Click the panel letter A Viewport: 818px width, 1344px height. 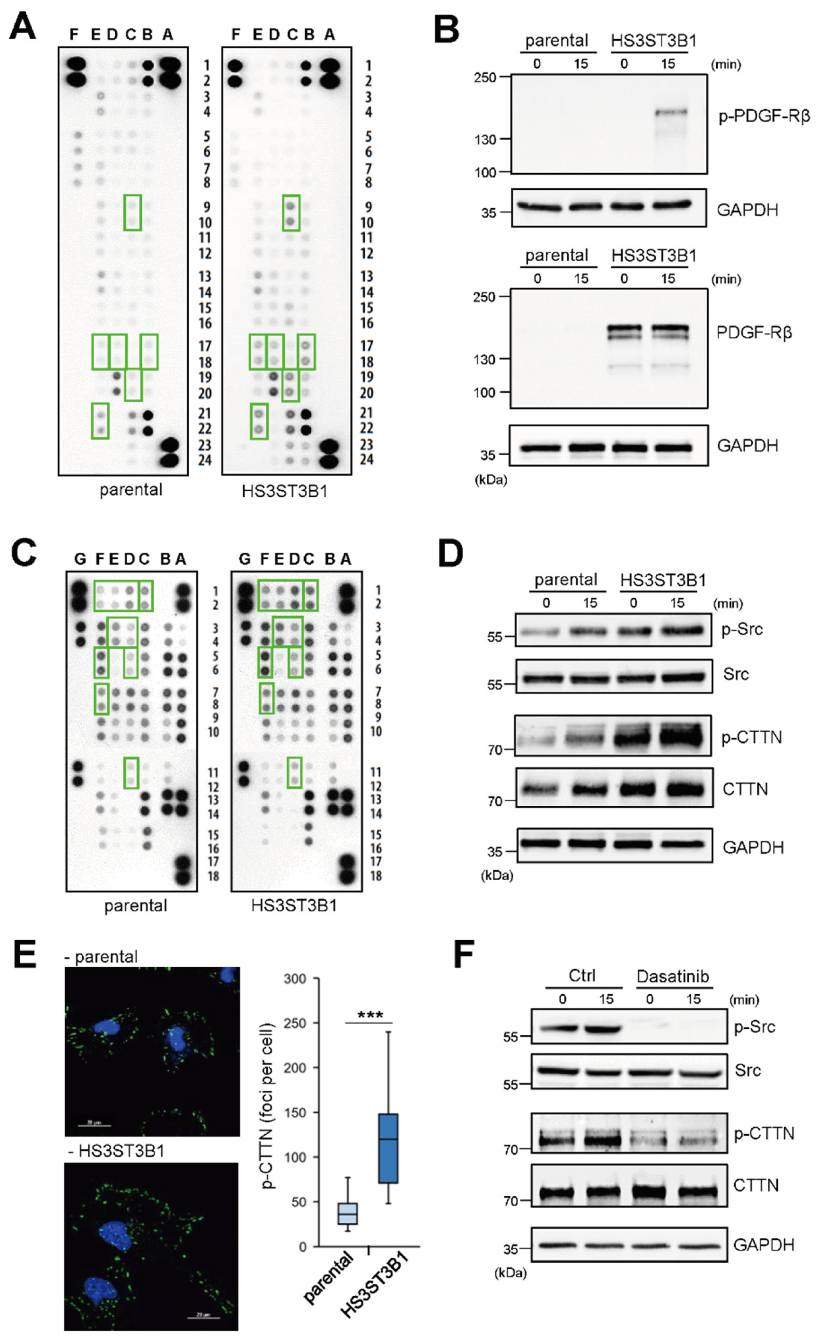[23, 27]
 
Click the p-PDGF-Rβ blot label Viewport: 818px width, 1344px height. [763, 116]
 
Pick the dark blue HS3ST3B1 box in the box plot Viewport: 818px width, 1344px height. [388, 1148]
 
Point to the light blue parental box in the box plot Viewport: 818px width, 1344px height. [347, 1213]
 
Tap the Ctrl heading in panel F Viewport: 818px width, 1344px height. [582, 976]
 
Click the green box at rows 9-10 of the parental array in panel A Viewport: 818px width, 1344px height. [133, 213]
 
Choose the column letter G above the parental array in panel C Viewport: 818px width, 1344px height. [80, 559]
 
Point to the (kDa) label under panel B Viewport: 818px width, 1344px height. [490, 481]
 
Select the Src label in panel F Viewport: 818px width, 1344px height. [747, 1070]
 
